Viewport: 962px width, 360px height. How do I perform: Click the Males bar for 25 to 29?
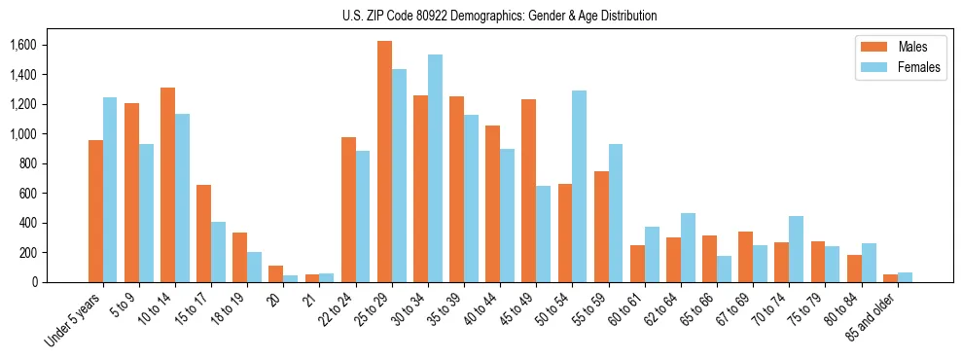coord(384,162)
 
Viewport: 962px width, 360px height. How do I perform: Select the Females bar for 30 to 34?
coord(435,168)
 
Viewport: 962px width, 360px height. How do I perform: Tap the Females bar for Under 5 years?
coord(110,190)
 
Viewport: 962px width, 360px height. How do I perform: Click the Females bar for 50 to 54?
coord(579,186)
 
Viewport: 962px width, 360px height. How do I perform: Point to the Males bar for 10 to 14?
coord(167,185)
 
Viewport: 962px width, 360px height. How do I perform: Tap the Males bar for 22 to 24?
coord(348,209)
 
